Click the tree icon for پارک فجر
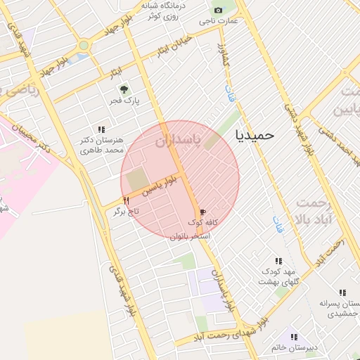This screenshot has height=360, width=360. tap(124, 89)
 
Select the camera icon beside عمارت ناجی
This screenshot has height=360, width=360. tap(218, 10)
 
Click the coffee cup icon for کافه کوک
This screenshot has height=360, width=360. tap(203, 211)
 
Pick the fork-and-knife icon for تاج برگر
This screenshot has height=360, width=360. tap(126, 200)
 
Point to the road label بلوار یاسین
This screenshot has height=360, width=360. tap(160, 186)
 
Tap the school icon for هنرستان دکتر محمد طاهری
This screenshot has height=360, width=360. tap(101, 129)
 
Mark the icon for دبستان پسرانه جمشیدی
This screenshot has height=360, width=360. tap(342, 292)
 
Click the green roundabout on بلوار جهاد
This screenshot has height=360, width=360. tap(84, 45)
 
